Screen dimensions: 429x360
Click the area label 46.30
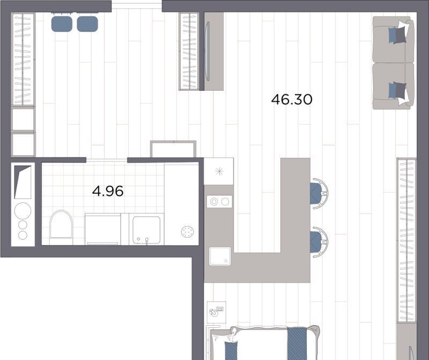click(x=292, y=99)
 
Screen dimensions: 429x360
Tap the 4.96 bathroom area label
click(x=108, y=191)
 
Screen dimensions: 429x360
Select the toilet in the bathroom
click(x=61, y=227)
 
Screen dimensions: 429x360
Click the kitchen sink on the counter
click(x=220, y=256)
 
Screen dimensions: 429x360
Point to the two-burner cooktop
click(x=219, y=202)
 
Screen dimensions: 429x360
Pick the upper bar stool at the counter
click(x=319, y=193)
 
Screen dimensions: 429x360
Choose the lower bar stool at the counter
click(x=319, y=242)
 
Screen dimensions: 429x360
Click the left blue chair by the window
click(x=62, y=24)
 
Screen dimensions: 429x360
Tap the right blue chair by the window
click(x=87, y=24)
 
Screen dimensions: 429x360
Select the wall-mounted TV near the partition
click(x=208, y=52)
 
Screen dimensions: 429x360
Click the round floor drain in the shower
click(x=187, y=232)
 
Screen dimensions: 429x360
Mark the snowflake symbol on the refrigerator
click(x=219, y=171)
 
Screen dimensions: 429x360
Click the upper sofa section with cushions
click(x=393, y=39)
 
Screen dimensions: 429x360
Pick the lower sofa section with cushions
click(x=393, y=86)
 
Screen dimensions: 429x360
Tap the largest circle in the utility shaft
click(x=23, y=210)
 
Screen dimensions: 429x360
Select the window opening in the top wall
click(x=137, y=6)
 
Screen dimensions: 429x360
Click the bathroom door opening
click(x=107, y=160)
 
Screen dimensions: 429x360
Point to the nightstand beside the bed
click(x=217, y=312)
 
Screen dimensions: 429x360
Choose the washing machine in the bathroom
click(x=103, y=230)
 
